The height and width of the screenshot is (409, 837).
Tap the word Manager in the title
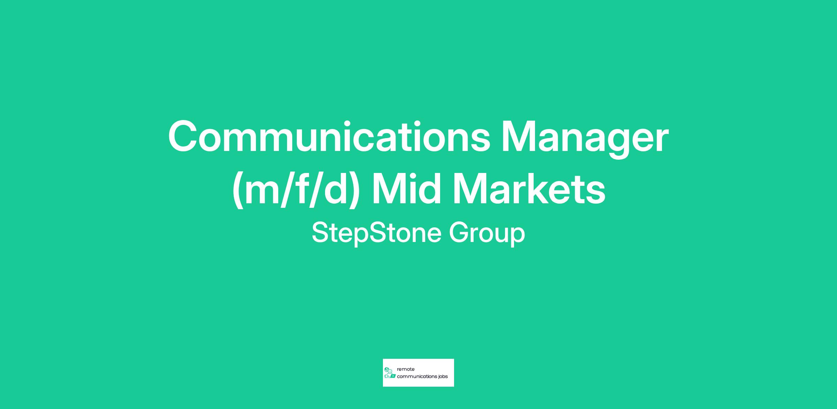[x=585, y=139]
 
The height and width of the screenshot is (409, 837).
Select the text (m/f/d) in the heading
[x=296, y=190]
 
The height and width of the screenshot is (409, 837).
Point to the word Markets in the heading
[x=529, y=188]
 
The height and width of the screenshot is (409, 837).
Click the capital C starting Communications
[x=183, y=136]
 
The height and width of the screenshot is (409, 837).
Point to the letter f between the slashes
[x=301, y=188]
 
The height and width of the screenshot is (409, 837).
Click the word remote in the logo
[x=406, y=369]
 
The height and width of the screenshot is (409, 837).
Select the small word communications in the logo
[x=417, y=377]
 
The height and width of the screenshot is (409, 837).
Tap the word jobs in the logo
[x=443, y=377]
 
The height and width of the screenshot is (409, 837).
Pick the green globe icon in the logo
[x=386, y=369]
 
